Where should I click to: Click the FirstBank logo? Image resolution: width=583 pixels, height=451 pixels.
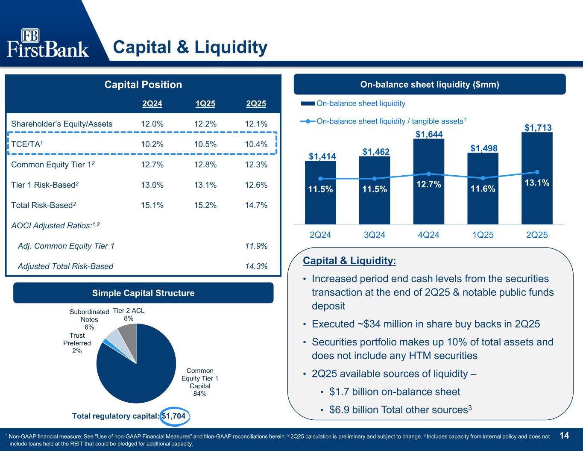pos(48,43)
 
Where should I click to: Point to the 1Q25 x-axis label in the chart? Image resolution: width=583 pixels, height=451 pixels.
pos(483,235)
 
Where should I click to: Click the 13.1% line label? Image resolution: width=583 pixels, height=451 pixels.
pos(537,183)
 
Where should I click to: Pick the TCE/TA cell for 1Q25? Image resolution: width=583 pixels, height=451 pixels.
pos(205,144)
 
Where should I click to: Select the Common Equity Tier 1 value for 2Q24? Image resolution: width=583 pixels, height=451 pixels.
pos(152,165)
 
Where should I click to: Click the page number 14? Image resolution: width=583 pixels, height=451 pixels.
pos(564,436)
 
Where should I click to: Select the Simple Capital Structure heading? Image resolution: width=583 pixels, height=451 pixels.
pos(143,293)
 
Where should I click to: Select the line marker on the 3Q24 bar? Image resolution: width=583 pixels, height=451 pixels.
pos(374,179)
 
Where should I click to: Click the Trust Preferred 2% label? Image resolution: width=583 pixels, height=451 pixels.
pos(77,343)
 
